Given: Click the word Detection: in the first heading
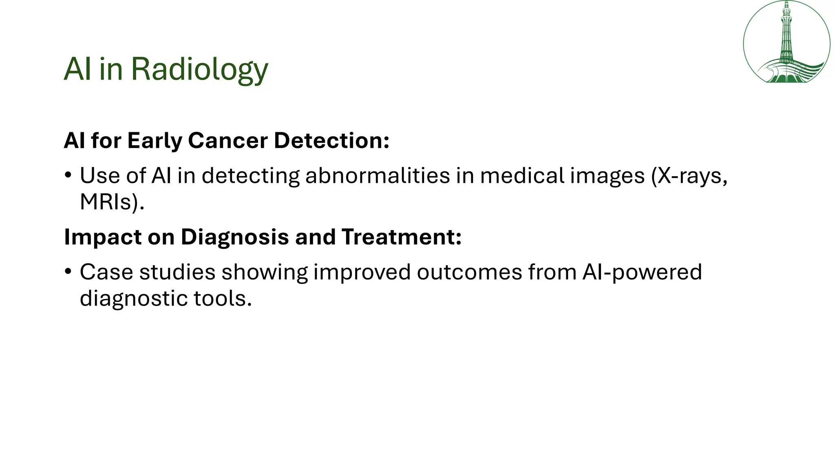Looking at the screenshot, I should [x=331, y=141].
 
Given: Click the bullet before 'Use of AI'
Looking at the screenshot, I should [x=68, y=176].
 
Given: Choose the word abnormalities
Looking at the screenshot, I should [x=378, y=176].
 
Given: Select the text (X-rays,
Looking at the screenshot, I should [x=689, y=176].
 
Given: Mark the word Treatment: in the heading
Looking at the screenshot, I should [x=402, y=237].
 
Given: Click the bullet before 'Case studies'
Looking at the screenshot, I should [x=68, y=272].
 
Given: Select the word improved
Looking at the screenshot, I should [x=362, y=272].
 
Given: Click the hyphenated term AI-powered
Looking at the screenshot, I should [x=642, y=272].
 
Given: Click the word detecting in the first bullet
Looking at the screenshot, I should [x=250, y=176].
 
